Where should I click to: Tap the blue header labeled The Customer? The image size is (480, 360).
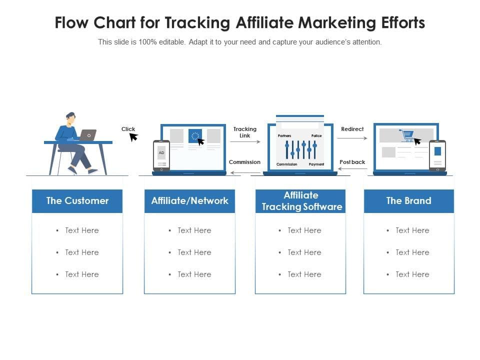pyautogui.click(x=77, y=201)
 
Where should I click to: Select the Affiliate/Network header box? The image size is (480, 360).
pyautogui.click(x=189, y=201)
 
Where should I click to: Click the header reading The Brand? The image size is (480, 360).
pyautogui.click(x=408, y=201)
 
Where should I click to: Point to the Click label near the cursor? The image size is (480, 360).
pyautogui.click(x=128, y=129)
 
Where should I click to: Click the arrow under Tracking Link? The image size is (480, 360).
pyautogui.click(x=245, y=142)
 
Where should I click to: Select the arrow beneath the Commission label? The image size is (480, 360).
pyautogui.click(x=245, y=173)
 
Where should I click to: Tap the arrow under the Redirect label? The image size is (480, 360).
pyautogui.click(x=352, y=138)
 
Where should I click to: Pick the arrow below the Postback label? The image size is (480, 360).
pyautogui.click(x=352, y=169)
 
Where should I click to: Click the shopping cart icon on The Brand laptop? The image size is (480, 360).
pyautogui.click(x=406, y=135)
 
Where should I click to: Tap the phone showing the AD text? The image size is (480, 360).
pyautogui.click(x=161, y=155)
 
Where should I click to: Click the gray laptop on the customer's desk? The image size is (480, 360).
pyautogui.click(x=88, y=135)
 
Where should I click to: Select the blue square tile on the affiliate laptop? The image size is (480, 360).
pyautogui.click(x=195, y=136)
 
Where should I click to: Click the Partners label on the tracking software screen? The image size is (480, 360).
pyautogui.click(x=284, y=136)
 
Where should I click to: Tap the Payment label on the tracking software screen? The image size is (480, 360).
pyautogui.click(x=316, y=164)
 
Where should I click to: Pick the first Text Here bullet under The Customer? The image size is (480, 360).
pyautogui.click(x=81, y=230)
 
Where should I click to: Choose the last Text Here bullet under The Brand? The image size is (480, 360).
pyautogui.click(x=412, y=274)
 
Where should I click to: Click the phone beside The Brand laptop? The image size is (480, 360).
pyautogui.click(x=437, y=155)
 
